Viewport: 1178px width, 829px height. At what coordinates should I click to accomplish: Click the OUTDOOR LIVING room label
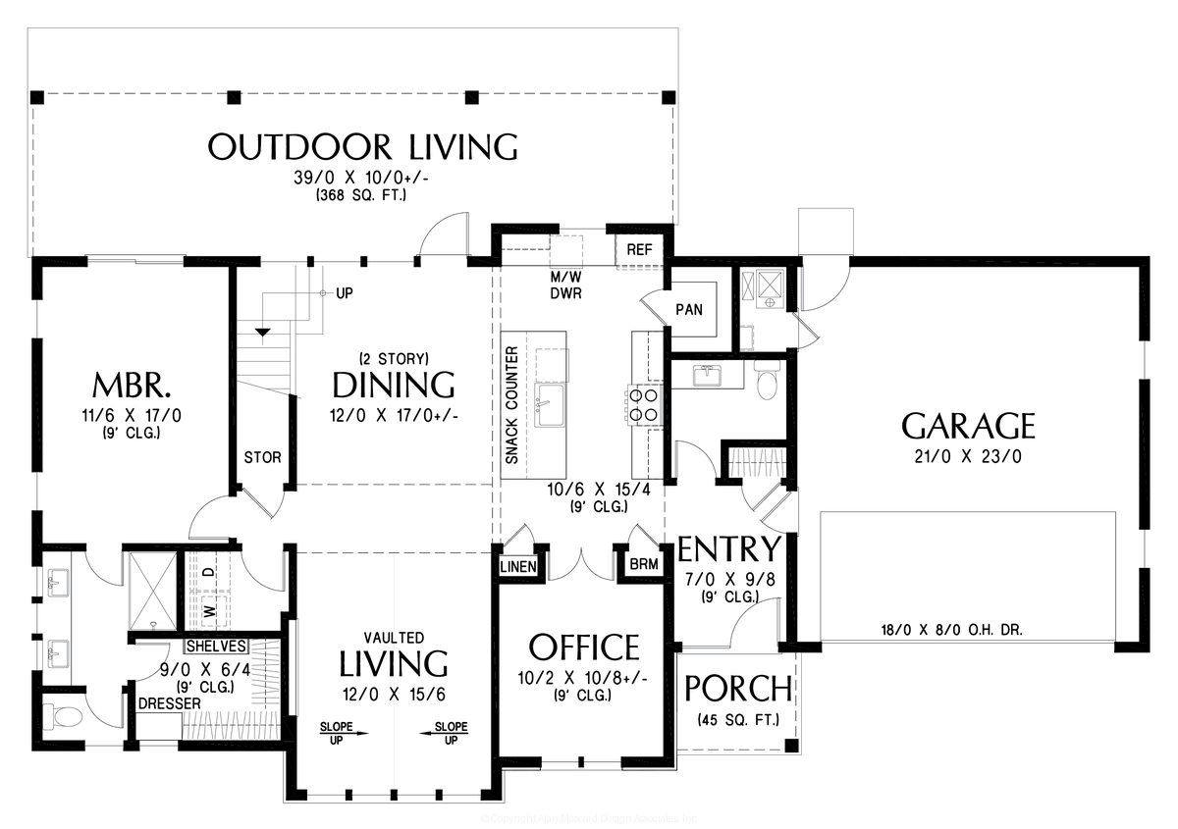363,147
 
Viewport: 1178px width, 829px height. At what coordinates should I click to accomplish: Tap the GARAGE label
968,426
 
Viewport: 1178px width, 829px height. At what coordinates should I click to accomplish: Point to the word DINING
393,384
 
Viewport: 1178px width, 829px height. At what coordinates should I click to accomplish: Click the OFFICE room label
583,648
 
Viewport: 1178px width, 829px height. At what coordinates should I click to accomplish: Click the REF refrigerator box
639,249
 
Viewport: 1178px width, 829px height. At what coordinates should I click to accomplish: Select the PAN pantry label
688,309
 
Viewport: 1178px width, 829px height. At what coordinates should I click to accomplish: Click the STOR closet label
262,457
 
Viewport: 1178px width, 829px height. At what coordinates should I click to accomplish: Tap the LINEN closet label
517,567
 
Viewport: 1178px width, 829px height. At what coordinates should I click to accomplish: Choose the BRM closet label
643,564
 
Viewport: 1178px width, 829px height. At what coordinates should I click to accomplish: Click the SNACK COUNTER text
511,405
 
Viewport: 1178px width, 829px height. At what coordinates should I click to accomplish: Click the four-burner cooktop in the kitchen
643,405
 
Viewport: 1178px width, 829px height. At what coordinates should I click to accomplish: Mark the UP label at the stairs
345,293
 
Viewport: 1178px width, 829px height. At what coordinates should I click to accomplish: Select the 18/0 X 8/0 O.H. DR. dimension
951,631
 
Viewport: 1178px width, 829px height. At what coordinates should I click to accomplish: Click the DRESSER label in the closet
169,703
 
